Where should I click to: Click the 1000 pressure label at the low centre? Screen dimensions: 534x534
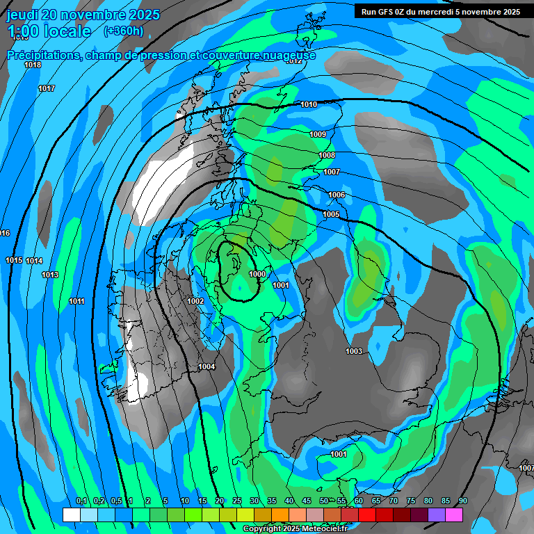(x=257, y=275)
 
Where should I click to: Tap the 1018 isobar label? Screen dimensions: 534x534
(x=33, y=65)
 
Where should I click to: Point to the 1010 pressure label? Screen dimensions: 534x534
(x=309, y=105)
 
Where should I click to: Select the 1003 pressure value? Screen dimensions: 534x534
(x=354, y=352)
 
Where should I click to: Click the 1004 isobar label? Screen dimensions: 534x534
(x=207, y=367)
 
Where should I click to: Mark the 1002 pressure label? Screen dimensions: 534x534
(x=195, y=301)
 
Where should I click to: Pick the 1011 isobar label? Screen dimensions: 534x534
(x=77, y=301)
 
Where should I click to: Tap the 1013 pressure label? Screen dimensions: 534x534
(x=50, y=275)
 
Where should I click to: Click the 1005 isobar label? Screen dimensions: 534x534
(x=331, y=215)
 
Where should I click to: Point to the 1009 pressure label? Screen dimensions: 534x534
(x=318, y=135)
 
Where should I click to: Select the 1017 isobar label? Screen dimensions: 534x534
(x=47, y=89)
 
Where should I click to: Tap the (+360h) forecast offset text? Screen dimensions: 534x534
(x=124, y=31)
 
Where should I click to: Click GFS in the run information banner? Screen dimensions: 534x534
(x=386, y=12)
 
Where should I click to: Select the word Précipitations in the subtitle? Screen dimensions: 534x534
(x=42, y=56)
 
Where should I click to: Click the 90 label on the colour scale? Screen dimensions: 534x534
(x=463, y=501)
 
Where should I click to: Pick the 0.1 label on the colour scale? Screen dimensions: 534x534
(x=81, y=501)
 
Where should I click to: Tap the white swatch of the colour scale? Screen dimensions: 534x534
(x=71, y=515)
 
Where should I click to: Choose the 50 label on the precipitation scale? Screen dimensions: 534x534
(x=324, y=501)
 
